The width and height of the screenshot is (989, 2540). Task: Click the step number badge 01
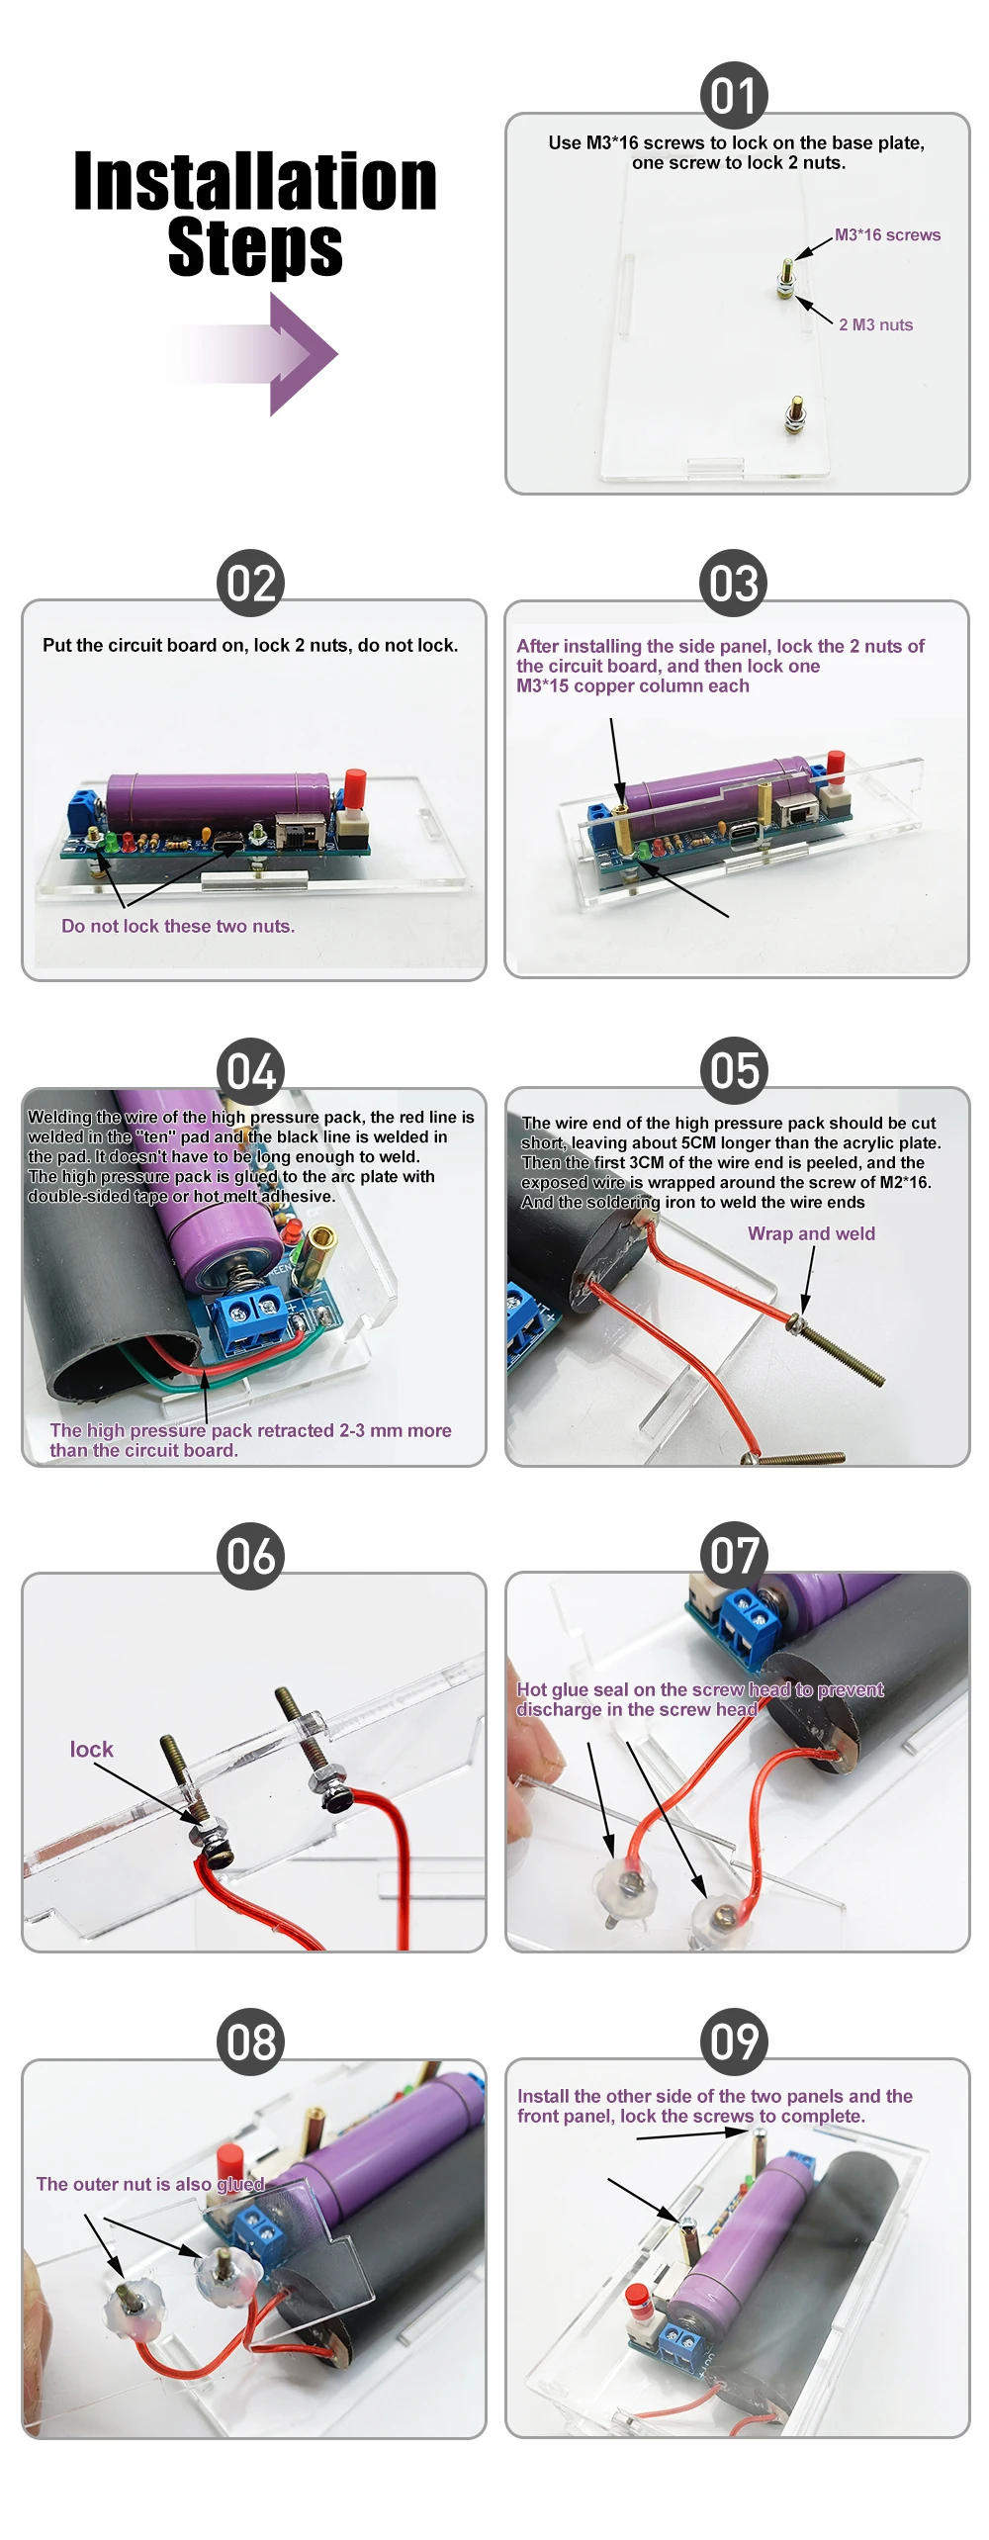(734, 96)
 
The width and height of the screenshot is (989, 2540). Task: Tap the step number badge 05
(734, 1071)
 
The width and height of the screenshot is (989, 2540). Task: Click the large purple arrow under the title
(287, 354)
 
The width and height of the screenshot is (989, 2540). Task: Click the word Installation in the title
(255, 182)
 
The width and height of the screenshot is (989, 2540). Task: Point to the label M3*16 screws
(887, 235)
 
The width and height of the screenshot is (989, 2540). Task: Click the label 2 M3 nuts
(875, 325)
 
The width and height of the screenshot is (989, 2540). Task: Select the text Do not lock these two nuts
(178, 927)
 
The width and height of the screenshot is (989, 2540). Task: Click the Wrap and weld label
(811, 1234)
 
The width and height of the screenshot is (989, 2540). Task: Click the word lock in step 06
(91, 1750)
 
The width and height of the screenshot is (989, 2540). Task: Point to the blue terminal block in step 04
(251, 1315)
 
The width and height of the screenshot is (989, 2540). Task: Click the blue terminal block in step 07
(747, 1619)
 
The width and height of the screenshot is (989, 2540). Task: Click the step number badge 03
(734, 584)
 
